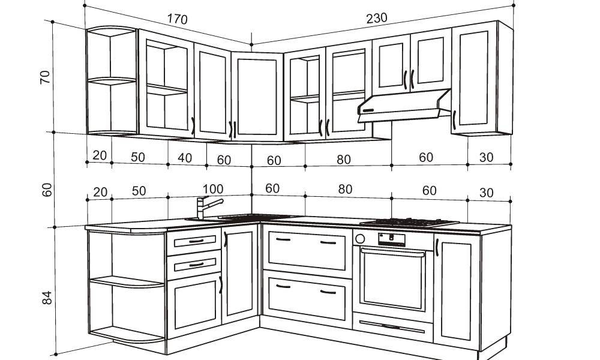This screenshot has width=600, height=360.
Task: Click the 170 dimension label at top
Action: [x=177, y=19]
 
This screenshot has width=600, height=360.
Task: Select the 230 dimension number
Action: [x=377, y=18]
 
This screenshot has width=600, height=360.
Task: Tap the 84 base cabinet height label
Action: [x=47, y=297]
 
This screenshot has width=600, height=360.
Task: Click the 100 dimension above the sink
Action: [x=213, y=190]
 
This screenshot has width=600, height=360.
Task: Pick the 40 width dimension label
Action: [x=185, y=158]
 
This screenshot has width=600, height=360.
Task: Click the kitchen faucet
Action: [x=204, y=206]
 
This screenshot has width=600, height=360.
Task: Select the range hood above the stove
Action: [x=403, y=106]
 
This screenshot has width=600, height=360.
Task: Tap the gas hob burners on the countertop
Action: [x=409, y=223]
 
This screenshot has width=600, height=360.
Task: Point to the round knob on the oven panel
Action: [x=360, y=239]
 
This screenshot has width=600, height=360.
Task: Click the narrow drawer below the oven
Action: [x=392, y=327]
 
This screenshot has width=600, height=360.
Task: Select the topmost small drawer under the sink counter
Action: [x=194, y=241]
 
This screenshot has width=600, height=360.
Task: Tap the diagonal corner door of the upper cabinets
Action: [x=257, y=96]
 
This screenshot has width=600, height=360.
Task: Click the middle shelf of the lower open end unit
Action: [x=126, y=281]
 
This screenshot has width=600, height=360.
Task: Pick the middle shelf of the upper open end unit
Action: [x=112, y=80]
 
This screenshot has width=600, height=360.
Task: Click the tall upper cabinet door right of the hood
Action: [x=474, y=78]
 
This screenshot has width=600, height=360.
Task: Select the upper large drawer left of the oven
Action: [x=307, y=250]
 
